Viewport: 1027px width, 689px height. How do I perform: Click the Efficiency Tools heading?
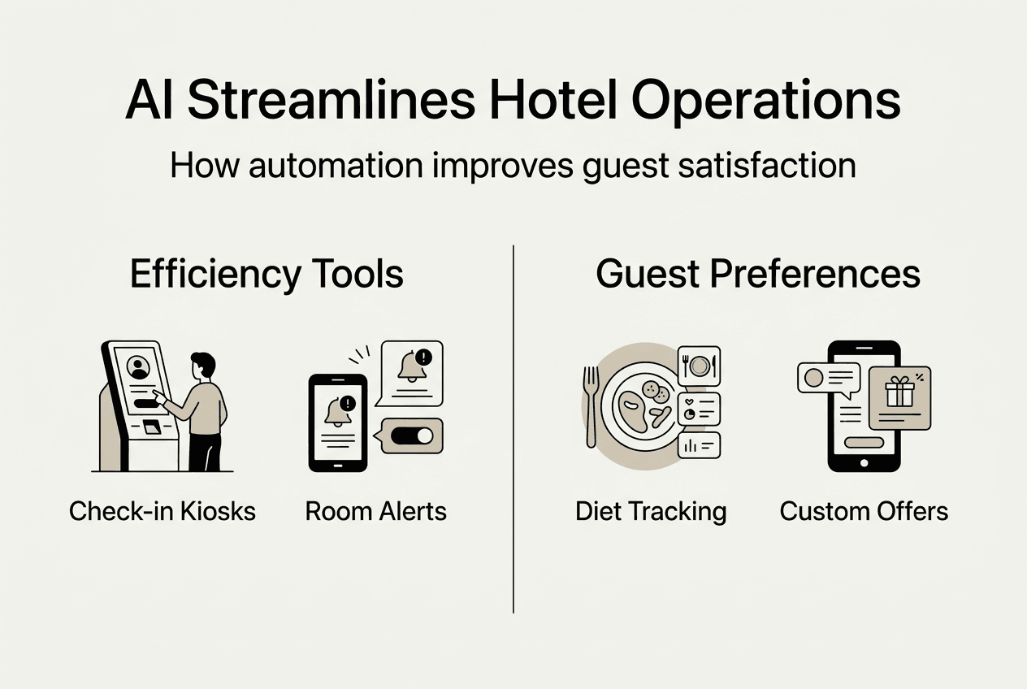tap(266, 274)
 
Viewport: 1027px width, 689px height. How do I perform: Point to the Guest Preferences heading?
tap(758, 274)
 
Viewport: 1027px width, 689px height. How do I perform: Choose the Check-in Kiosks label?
tap(162, 511)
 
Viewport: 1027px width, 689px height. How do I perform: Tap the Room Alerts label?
tap(376, 511)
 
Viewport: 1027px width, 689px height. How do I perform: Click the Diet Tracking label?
tap(651, 511)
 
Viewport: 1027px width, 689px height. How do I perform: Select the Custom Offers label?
tap(864, 511)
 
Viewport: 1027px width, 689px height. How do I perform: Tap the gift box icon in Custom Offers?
tap(899, 392)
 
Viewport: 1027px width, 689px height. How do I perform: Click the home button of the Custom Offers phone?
tap(864, 462)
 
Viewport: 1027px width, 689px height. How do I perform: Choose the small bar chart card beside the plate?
tap(700, 444)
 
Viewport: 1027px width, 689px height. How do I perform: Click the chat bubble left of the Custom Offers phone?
tap(828, 378)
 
